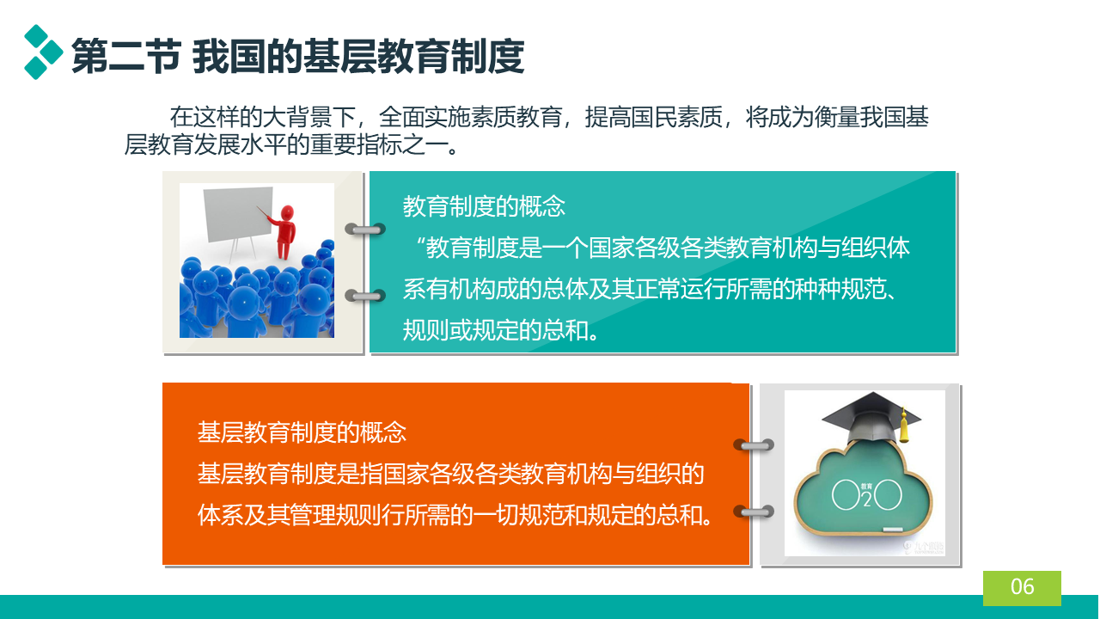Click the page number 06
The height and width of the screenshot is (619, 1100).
pyautogui.click(x=1022, y=586)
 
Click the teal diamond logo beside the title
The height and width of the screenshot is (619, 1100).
pyautogui.click(x=43, y=52)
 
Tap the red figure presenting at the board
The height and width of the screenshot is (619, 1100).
pyautogui.click(x=284, y=231)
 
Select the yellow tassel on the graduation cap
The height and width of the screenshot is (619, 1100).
pyautogui.click(x=903, y=426)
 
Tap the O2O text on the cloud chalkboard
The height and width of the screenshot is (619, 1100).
pyautogui.click(x=867, y=494)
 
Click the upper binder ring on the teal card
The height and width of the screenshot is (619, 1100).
pyautogui.click(x=365, y=229)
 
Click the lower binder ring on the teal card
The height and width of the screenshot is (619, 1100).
pyautogui.click(x=365, y=296)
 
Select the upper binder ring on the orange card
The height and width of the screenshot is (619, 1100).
pyautogui.click(x=754, y=445)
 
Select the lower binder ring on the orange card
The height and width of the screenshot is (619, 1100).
pyautogui.click(x=754, y=512)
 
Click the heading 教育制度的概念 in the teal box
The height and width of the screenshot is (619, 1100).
pyautogui.click(x=484, y=206)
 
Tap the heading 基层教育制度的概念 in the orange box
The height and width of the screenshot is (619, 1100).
pyautogui.click(x=302, y=432)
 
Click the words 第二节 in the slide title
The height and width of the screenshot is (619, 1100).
pyautogui.click(x=126, y=57)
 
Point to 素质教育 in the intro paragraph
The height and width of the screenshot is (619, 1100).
pyautogui.click(x=516, y=118)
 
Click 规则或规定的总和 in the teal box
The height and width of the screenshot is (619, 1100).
pyautogui.click(x=496, y=330)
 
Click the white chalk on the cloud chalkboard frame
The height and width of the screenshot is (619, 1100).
pyautogui.click(x=893, y=530)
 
